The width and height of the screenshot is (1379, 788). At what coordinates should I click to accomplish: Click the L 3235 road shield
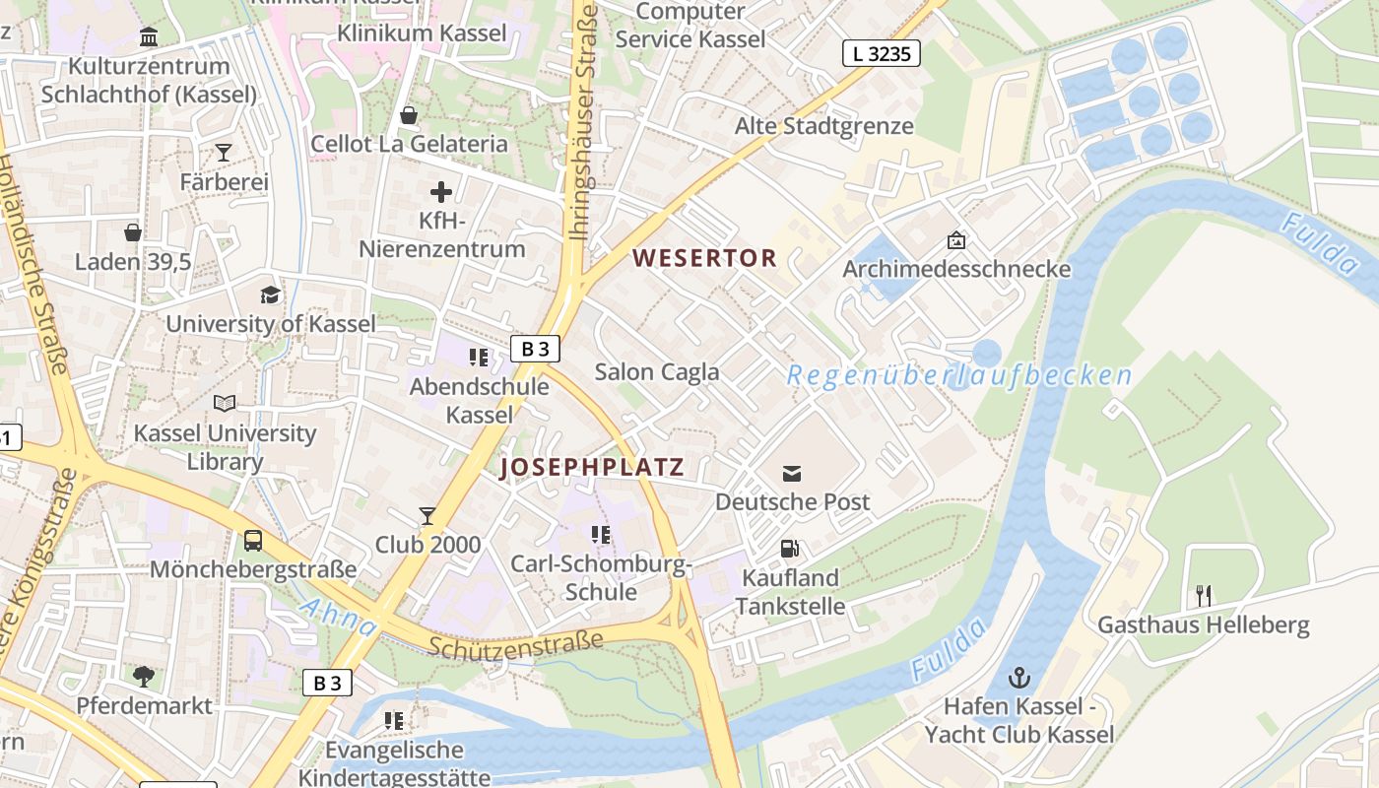click(x=881, y=53)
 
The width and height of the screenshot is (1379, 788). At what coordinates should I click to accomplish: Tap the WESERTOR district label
click(x=704, y=259)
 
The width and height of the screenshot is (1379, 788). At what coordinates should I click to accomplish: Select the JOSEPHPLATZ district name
click(x=591, y=468)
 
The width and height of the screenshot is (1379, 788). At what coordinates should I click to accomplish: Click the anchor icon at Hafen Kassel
click(x=1019, y=678)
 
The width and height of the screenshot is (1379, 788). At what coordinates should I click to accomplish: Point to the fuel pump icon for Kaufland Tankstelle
click(x=790, y=549)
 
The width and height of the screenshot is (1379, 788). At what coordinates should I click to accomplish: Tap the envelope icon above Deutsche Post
click(x=792, y=474)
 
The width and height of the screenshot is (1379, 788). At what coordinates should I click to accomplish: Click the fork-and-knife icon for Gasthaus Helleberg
click(x=1203, y=595)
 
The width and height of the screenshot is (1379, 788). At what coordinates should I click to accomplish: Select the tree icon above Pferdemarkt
click(x=144, y=677)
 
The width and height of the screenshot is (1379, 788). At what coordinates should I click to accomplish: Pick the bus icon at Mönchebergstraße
click(x=253, y=540)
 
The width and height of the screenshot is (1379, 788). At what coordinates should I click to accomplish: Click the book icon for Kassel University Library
click(x=225, y=404)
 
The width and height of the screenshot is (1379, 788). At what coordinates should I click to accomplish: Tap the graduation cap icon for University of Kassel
click(x=270, y=295)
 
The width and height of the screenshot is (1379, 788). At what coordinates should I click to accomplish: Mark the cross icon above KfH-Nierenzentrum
click(x=441, y=192)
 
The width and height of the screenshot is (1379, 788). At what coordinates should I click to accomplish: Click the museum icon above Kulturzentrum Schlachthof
click(x=149, y=37)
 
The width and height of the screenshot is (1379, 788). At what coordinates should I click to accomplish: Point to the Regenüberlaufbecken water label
click(x=959, y=375)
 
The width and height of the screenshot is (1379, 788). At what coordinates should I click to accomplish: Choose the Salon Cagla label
click(x=657, y=372)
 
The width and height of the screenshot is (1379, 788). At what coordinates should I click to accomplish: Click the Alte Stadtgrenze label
click(x=823, y=126)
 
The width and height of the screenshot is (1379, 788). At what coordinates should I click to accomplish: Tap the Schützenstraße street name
click(x=516, y=643)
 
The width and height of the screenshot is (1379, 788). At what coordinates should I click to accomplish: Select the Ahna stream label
click(x=338, y=616)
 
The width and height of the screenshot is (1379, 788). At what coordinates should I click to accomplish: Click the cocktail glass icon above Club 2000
click(x=427, y=515)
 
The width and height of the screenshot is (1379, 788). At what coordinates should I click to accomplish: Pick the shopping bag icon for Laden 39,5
click(x=133, y=232)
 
